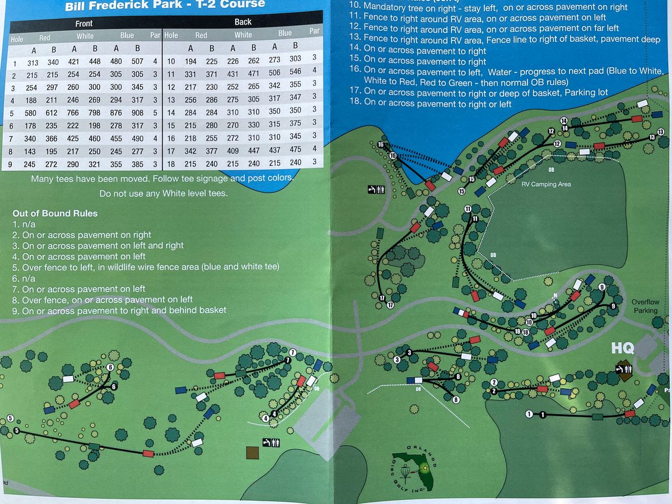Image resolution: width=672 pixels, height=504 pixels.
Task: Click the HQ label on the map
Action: point(622,348)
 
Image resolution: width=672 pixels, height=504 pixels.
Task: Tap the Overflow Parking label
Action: point(645,306)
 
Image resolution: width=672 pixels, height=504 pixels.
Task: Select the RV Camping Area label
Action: point(546,184)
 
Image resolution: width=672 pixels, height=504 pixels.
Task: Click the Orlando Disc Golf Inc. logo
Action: point(417,471)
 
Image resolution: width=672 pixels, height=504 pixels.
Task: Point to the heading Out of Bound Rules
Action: point(55,213)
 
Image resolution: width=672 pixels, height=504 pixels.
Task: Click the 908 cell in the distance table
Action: point(137,113)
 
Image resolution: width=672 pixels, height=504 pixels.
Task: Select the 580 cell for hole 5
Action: point(33,113)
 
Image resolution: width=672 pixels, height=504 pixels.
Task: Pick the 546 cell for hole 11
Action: point(296,72)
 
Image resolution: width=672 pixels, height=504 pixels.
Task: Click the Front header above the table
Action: point(84,24)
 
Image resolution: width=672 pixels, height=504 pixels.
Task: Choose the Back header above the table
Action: point(243,22)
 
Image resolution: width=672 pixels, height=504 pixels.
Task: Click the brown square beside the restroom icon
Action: point(253,452)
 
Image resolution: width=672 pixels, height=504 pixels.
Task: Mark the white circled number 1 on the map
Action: point(529,414)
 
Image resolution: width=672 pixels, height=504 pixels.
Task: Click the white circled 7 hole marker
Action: point(292,352)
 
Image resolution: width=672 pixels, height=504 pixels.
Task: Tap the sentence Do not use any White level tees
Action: point(164,194)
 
